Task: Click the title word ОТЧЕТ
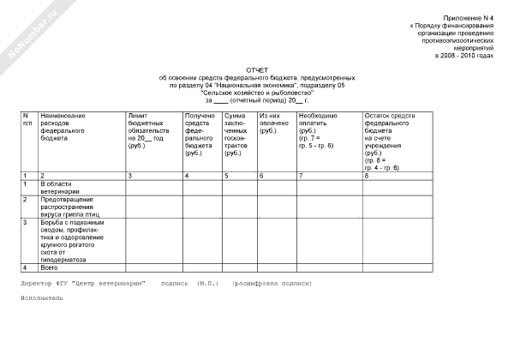(x=257, y=70)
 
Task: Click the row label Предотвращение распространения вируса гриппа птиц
(x=75, y=206)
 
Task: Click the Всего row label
(x=51, y=267)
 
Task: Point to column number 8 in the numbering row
(x=367, y=175)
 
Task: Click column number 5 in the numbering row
(x=226, y=175)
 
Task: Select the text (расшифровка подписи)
(x=272, y=282)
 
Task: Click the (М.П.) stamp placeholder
(x=207, y=282)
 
